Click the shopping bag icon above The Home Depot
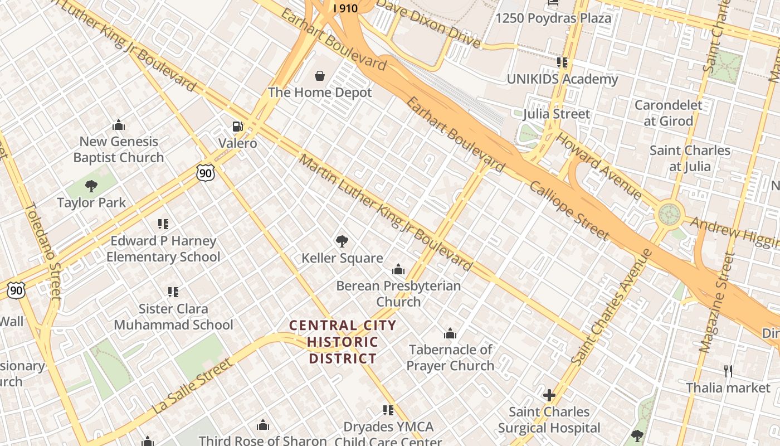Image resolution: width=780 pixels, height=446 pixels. (x=320, y=75)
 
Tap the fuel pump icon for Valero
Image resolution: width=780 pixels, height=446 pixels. (x=238, y=127)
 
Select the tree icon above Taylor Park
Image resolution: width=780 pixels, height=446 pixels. (x=91, y=186)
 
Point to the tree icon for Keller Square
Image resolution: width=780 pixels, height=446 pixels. (x=342, y=241)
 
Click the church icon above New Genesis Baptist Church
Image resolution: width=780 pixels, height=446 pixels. (x=118, y=125)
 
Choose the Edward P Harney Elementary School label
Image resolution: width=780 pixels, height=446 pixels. (x=163, y=249)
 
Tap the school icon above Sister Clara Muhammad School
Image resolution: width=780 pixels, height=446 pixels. (x=173, y=292)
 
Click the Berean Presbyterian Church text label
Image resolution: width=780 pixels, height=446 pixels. (x=398, y=294)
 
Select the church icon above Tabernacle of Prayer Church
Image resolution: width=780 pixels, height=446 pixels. (x=450, y=334)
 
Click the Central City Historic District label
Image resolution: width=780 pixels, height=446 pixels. (x=343, y=341)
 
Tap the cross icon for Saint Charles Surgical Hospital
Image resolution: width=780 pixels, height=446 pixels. (x=549, y=395)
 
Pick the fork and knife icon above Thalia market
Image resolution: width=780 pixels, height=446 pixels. (x=728, y=371)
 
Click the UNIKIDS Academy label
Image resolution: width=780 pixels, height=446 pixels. (x=562, y=79)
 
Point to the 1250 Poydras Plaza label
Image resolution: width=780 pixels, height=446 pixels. (x=553, y=18)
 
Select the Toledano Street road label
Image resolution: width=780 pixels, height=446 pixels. (x=42, y=250)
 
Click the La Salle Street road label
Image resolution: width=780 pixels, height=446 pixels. (x=192, y=386)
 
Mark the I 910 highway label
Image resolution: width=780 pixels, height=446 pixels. (x=345, y=8)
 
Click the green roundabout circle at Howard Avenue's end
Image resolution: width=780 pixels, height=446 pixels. (x=669, y=214)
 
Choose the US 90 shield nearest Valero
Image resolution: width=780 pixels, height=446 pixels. (x=206, y=173)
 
